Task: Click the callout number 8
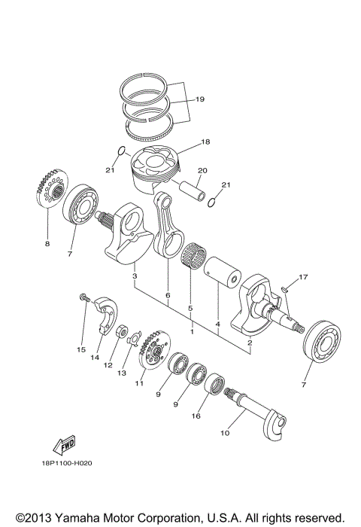46,244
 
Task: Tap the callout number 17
303,278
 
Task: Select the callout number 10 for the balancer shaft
224,433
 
